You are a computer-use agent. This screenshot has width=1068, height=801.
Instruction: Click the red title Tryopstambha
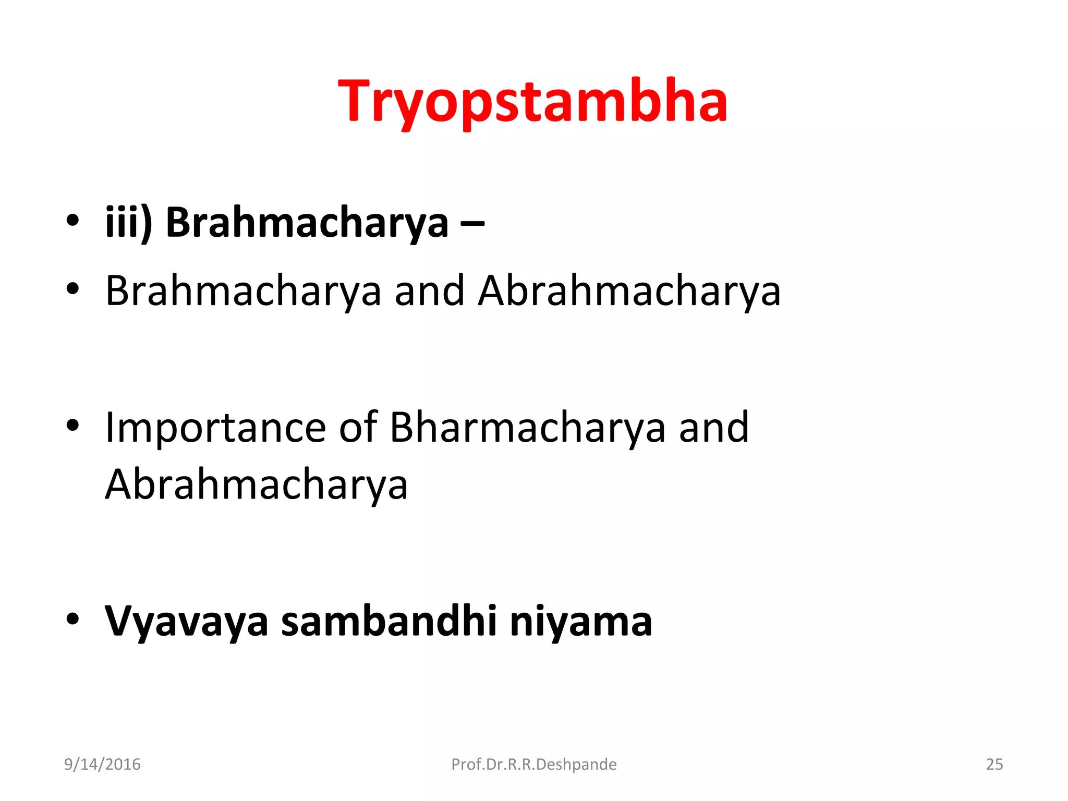(532, 102)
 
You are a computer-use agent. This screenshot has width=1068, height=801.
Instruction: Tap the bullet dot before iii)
(72, 221)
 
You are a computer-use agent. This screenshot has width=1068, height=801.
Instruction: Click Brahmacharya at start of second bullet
(243, 291)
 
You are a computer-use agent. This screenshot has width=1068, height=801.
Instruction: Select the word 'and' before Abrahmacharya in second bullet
(429, 291)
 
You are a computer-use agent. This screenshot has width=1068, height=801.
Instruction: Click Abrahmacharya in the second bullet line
(629, 291)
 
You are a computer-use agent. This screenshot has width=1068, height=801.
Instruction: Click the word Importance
(215, 428)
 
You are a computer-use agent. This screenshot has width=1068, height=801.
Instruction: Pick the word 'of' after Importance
(358, 428)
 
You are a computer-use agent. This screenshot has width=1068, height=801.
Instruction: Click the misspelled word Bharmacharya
(527, 428)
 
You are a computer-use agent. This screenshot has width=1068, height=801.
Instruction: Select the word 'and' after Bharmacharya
(713, 428)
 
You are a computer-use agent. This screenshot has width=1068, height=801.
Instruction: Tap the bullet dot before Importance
(72, 425)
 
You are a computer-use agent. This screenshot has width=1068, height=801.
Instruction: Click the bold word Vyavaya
(186, 622)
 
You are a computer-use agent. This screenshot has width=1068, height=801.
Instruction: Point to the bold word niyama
(580, 622)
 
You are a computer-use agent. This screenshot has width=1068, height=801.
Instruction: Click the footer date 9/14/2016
(102, 764)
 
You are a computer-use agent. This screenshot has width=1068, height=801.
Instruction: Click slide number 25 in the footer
(994, 764)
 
